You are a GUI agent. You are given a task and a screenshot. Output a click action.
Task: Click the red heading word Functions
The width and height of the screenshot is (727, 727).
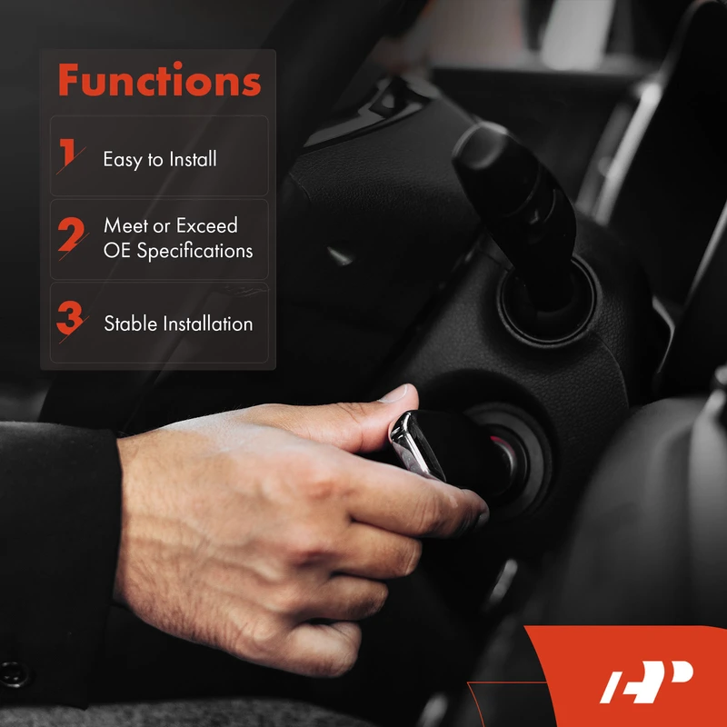tap(160, 79)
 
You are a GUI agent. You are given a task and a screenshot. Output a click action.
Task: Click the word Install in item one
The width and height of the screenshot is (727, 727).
tap(193, 159)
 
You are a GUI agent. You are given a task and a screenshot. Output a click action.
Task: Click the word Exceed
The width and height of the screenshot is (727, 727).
tap(207, 225)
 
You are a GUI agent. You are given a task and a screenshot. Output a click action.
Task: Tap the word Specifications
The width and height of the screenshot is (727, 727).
tap(194, 252)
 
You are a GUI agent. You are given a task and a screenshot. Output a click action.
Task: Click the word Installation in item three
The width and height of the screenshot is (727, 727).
tap(208, 324)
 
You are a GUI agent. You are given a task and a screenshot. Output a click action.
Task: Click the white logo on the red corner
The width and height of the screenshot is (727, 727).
tap(646, 681)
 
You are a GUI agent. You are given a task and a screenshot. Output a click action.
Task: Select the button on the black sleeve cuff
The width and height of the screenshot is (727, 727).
tap(13, 673)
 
